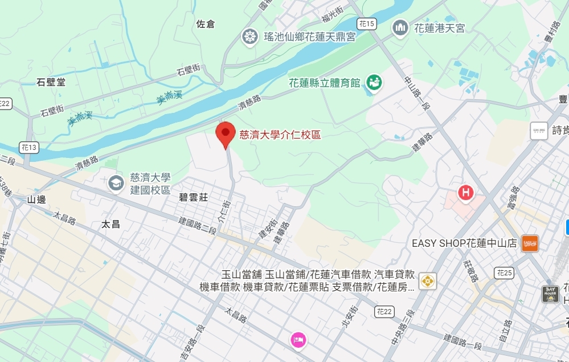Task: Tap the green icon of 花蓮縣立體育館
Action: click(x=374, y=82)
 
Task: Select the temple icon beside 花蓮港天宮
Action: click(x=400, y=27)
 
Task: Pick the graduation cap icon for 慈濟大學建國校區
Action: click(x=116, y=183)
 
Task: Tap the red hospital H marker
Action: click(x=465, y=193)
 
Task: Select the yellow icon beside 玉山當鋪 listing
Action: click(x=427, y=281)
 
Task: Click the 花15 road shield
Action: click(x=367, y=24)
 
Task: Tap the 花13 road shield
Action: click(x=28, y=147)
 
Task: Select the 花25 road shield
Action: click(x=503, y=272)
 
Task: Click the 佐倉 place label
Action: click(x=205, y=24)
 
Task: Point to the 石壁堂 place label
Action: click(x=51, y=82)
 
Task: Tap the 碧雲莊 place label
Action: click(x=194, y=197)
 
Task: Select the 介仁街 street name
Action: click(x=224, y=210)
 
